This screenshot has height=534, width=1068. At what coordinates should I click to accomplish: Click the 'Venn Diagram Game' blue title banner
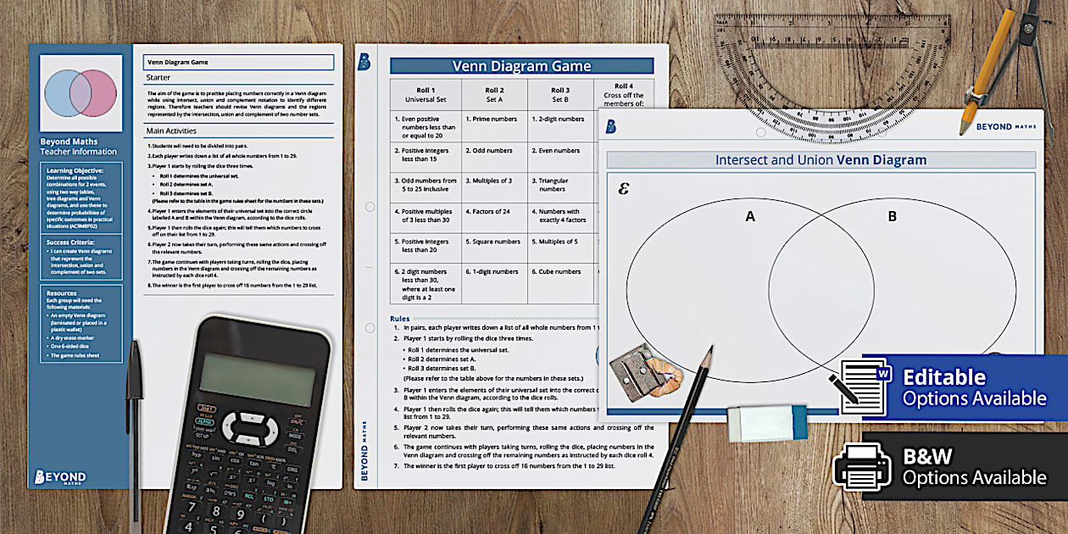[521, 66]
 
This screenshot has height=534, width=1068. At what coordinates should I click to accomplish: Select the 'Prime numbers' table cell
[494, 120]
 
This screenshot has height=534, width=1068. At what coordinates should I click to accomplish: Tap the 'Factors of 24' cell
[494, 211]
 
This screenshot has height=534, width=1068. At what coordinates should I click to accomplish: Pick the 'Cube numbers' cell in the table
[560, 272]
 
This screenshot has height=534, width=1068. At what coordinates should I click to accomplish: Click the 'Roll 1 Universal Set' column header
[426, 94]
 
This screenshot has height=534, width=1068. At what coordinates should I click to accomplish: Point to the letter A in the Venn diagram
[749, 217]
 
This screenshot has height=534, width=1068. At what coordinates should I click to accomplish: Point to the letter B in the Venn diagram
[892, 217]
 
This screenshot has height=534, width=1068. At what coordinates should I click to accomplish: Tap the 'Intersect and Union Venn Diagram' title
[820, 160]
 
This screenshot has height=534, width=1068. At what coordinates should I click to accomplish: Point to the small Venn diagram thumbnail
[81, 93]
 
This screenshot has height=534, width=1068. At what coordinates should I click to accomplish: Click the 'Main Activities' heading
[171, 131]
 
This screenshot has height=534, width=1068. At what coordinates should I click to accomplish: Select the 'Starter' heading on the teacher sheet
[159, 78]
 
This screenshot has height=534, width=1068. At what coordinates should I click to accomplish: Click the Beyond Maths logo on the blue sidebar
[59, 477]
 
